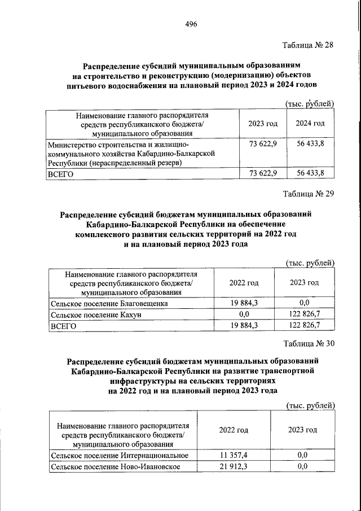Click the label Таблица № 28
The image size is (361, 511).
[x=309, y=46]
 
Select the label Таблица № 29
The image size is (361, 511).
[x=309, y=194]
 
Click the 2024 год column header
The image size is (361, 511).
[x=310, y=124]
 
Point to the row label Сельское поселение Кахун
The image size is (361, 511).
[x=95, y=315]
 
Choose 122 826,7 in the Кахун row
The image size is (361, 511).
[x=304, y=315]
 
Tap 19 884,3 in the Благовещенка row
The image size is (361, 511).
[x=244, y=303]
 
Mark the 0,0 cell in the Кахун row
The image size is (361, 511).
[x=244, y=315]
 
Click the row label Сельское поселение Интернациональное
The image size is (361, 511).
[x=119, y=455]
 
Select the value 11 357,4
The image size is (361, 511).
[x=234, y=455]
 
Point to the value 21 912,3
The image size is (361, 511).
[x=234, y=466]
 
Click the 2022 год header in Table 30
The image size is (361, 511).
[x=234, y=430]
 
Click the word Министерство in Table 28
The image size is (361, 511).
[x=73, y=144]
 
